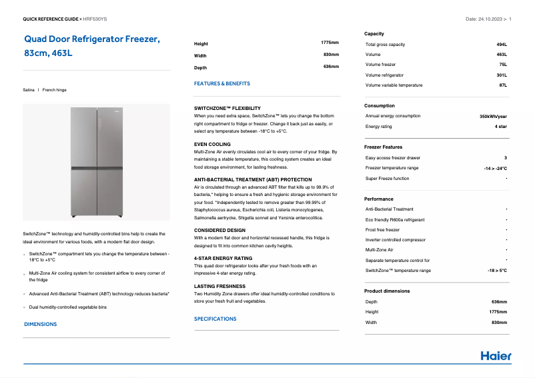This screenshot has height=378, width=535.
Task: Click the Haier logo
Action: click(496, 356)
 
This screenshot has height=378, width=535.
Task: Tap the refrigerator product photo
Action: click(96, 163)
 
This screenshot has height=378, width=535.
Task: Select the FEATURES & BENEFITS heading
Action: click(222, 83)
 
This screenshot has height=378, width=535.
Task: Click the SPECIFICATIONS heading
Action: click(215, 319)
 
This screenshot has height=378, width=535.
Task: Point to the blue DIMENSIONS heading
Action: click(40, 324)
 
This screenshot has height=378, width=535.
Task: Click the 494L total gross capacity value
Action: click(502, 44)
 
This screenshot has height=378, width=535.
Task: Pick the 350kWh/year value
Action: click(493, 116)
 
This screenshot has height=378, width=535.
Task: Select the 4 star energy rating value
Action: click(500, 126)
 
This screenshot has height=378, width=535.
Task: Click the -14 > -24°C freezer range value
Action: click(495, 168)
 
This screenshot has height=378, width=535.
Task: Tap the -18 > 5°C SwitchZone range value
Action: click(497, 271)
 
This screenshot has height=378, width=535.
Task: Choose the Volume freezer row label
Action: click(380, 65)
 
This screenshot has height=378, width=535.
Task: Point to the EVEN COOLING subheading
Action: click(212, 144)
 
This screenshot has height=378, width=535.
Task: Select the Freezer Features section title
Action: click(383, 147)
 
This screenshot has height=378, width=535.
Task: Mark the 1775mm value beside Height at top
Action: click(330, 43)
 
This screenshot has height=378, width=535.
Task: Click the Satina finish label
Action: click(29, 89)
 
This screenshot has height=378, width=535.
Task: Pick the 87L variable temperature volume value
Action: click(503, 85)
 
